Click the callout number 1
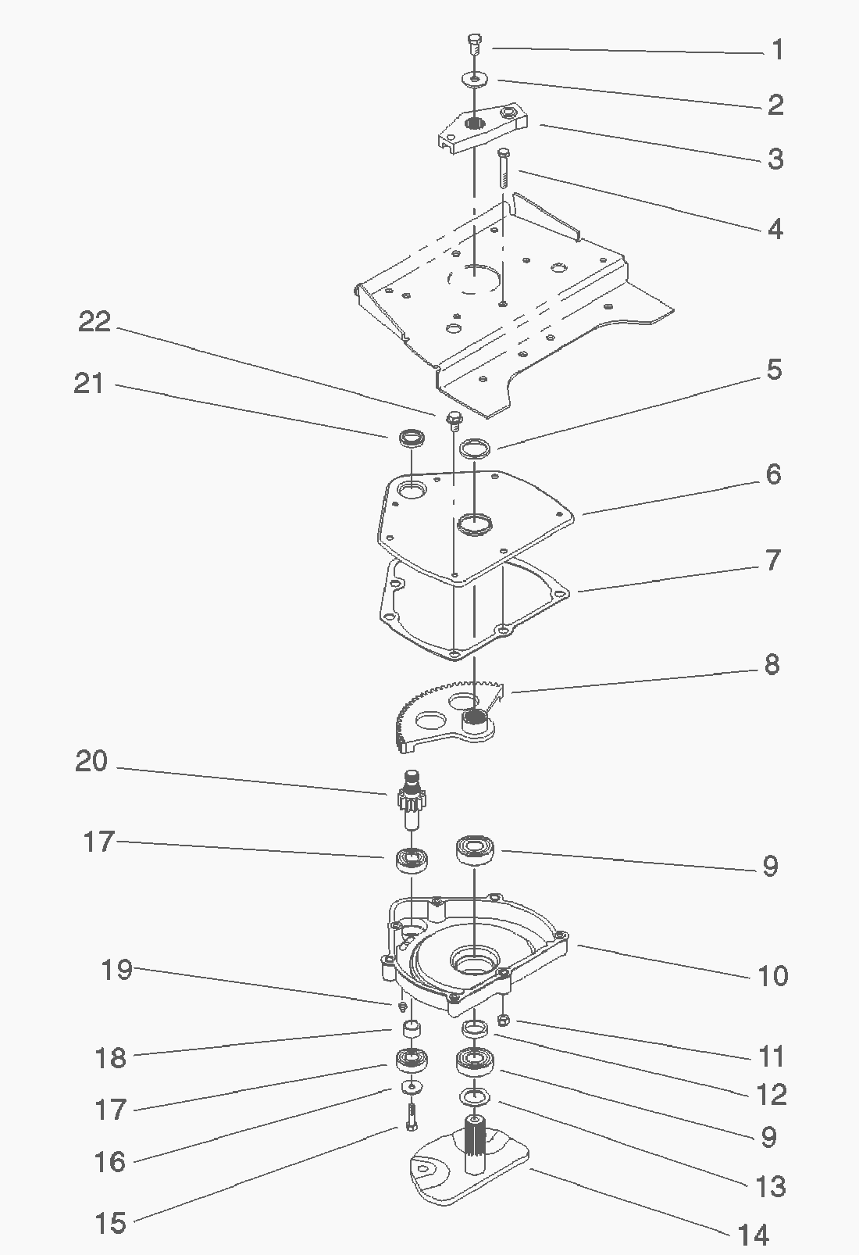pos(776,51)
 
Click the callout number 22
pos(95,321)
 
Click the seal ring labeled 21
pos(411,438)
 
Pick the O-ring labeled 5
pos(474,448)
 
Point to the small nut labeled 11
pos(504,1020)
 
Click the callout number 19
pos(116,970)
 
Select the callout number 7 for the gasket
pos(772,560)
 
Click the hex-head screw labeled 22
pos(452,420)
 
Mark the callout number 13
pos(770,1186)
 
